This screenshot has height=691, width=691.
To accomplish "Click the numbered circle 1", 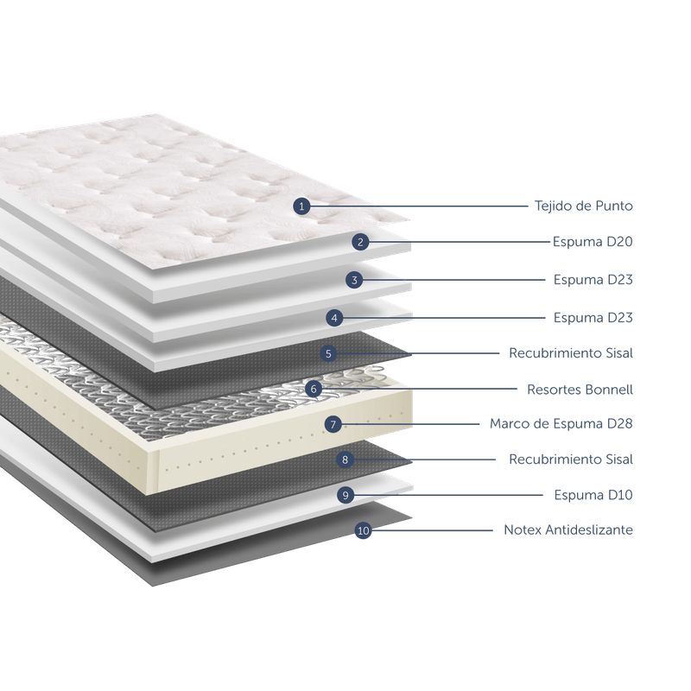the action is tap(301, 206).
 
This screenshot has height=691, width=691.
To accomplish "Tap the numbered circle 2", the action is tap(360, 242).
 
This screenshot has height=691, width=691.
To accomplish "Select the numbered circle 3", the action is tap(354, 280).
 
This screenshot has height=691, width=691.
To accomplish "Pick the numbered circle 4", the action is tap(334, 318).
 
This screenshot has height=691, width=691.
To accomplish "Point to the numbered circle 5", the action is tap(328, 353).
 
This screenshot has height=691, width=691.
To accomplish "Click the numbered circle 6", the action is tap(314, 390).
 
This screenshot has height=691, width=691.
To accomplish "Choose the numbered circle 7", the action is tap(333, 425).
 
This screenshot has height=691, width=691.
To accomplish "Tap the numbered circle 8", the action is tap(345, 460).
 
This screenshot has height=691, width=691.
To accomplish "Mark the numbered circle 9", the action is tap(345, 495).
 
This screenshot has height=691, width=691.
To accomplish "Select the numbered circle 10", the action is tap(363, 530).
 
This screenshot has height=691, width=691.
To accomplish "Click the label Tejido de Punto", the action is tap(584, 206).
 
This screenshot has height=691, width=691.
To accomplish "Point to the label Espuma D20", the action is tap(593, 242).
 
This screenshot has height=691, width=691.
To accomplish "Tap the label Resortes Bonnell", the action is tap(580, 390).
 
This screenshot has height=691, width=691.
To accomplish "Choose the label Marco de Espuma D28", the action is tap(561, 424).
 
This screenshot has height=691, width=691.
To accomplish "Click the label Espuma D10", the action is tap(593, 495).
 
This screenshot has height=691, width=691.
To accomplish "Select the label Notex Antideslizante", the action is tap(568, 529).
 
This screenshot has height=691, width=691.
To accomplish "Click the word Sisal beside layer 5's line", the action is tap(619, 353).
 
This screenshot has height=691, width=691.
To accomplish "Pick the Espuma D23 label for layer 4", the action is tap(593, 318).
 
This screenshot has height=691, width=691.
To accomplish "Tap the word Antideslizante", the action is tap(589, 529).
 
